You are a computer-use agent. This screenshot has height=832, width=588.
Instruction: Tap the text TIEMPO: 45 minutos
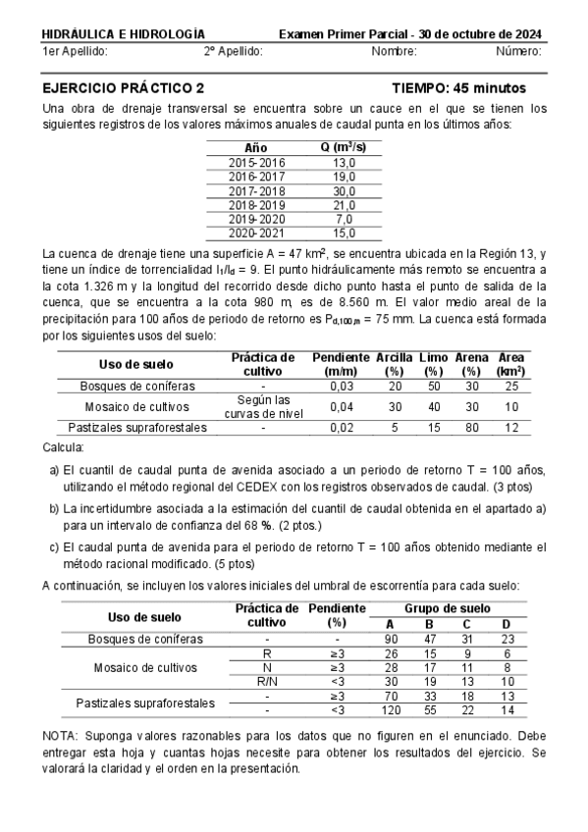tap(458, 87)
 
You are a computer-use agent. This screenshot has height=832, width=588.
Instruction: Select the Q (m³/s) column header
tap(344, 146)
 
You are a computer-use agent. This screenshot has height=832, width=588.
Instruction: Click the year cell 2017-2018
tap(257, 190)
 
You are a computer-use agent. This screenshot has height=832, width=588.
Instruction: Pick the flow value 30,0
tap(344, 190)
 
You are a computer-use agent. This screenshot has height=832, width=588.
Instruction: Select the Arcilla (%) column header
tap(394, 364)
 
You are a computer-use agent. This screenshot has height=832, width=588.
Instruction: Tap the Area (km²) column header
tap(510, 364)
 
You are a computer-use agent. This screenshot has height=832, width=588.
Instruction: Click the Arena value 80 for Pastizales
tap(471, 428)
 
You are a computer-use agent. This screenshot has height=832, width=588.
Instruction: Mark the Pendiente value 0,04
tap(341, 406)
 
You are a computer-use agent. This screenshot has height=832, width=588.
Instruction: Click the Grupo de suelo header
tap(448, 608)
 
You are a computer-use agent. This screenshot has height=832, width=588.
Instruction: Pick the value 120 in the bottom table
tap(391, 709)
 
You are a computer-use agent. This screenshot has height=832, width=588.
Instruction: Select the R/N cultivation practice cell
tap(266, 681)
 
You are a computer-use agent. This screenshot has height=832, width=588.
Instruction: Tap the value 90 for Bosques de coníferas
tap(391, 639)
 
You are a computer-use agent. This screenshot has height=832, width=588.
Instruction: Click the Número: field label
tap(518, 50)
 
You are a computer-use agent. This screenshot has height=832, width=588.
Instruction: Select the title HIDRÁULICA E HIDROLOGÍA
tap(124, 33)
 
